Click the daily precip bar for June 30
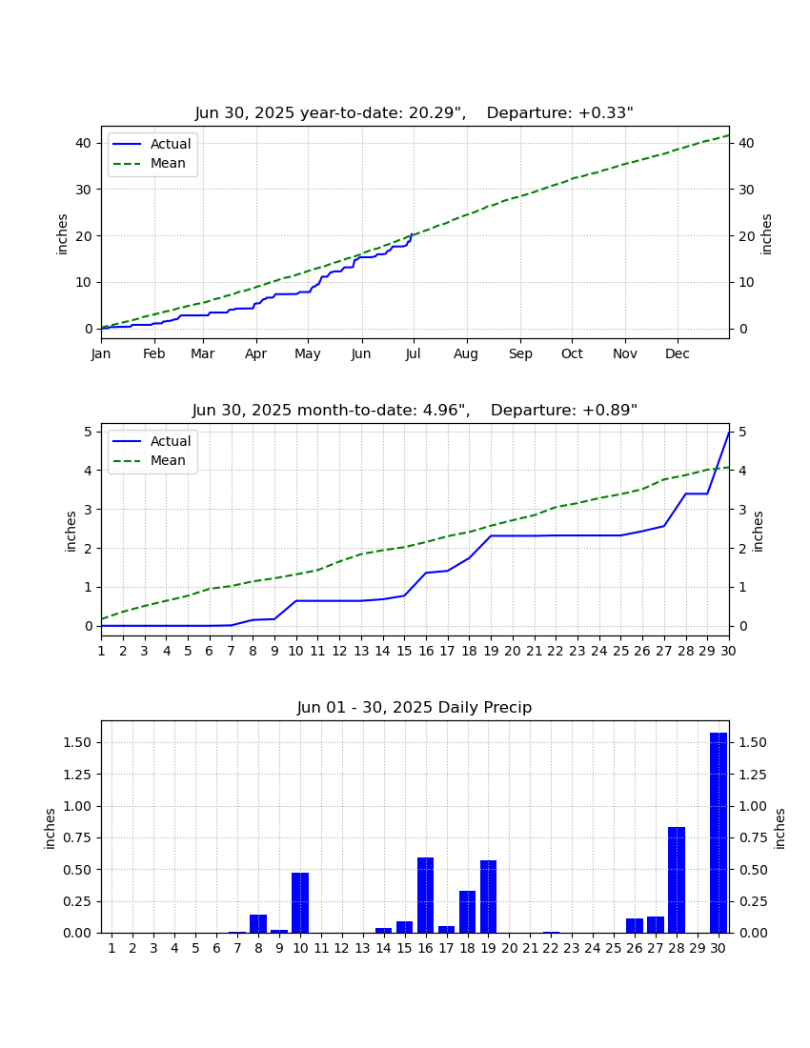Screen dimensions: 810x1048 coord(718,833)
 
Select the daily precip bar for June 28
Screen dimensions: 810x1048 coord(677,880)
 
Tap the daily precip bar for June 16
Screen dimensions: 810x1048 coord(426,895)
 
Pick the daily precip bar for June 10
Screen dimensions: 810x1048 coord(300,903)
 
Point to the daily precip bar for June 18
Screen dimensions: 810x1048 coord(467,912)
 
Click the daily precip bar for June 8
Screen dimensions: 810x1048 coord(258,924)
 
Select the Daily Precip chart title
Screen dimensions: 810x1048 coord(415,707)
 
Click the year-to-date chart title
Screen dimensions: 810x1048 coord(415,113)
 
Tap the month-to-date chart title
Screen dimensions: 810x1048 coord(415,410)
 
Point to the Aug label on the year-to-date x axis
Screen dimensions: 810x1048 coord(466,354)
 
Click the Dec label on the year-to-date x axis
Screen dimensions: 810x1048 coord(677,353)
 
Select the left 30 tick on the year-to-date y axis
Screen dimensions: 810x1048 coord(84,190)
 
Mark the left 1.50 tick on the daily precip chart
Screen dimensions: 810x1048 coord(77,742)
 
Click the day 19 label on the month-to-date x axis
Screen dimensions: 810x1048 coord(491,651)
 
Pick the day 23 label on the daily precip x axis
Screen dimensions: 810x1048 coord(572,948)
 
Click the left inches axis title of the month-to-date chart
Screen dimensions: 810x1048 coord(71,532)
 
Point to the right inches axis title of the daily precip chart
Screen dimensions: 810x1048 coord(780,829)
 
